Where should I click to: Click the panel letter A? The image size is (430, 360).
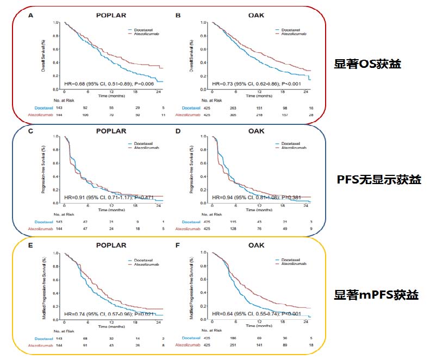(x=31, y=15)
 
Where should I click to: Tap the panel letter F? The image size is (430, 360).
(x=178, y=245)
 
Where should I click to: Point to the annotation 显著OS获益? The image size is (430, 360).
(x=367, y=64)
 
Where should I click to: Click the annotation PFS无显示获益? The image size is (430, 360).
(x=379, y=180)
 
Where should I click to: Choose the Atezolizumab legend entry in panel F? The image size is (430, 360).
(x=294, y=264)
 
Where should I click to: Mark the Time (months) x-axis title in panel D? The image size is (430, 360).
(x=257, y=209)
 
